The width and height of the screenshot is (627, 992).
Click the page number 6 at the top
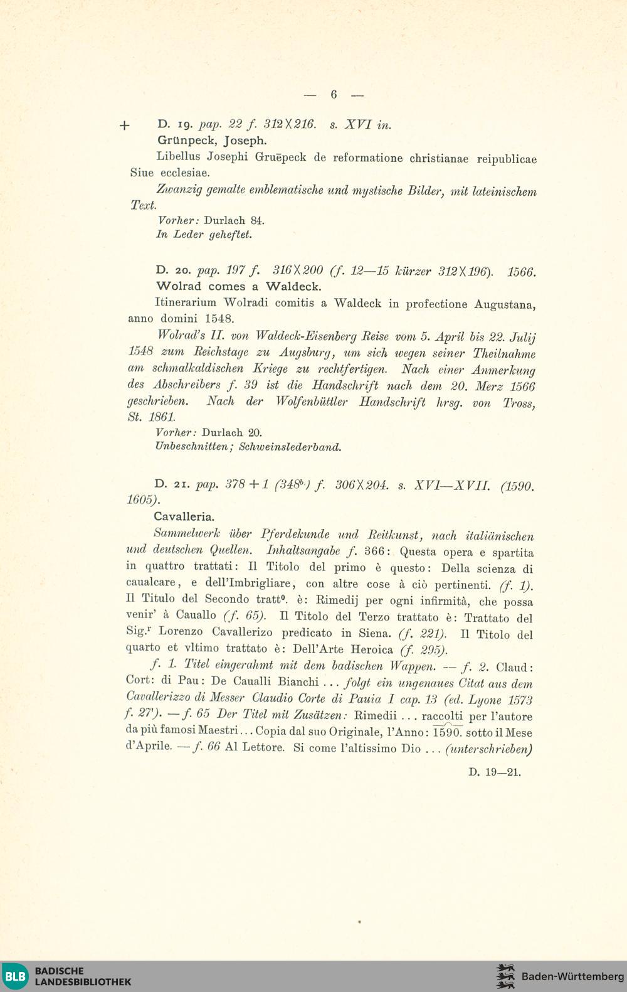334,95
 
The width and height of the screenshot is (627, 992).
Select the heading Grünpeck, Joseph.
203,141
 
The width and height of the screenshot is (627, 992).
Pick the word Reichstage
213,353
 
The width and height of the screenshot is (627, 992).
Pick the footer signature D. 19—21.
495,772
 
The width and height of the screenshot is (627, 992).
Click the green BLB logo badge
15,976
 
